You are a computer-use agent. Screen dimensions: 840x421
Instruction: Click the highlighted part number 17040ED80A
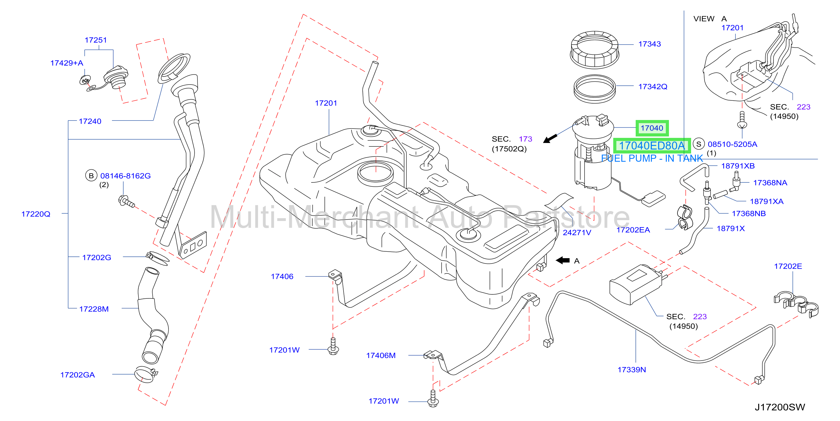tap(652, 146)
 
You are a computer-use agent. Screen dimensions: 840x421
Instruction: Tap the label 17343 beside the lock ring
tap(650, 44)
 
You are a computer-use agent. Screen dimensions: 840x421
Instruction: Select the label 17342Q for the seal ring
tap(653, 87)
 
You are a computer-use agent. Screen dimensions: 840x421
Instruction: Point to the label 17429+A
tap(67, 63)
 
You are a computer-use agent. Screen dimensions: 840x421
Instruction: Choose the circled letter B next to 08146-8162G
tap(91, 176)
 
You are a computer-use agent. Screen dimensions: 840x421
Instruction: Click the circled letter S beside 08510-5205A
tap(698, 144)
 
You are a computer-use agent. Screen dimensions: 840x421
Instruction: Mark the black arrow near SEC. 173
tap(550, 138)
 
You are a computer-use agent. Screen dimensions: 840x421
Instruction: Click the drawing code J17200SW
tap(780, 407)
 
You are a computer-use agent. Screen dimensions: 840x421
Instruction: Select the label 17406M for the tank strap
tap(381, 355)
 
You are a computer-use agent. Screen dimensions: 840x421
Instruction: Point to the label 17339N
tap(632, 370)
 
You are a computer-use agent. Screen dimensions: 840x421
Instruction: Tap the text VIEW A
tap(710, 19)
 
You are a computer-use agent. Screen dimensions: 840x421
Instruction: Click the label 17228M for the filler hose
tap(94, 309)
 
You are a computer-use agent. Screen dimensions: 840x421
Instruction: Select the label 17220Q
tap(36, 214)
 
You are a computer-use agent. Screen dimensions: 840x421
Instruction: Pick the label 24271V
tap(577, 232)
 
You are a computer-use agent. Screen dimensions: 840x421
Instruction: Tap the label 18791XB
tap(738, 166)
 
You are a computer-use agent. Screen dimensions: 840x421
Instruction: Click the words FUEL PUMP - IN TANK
tap(652, 158)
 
